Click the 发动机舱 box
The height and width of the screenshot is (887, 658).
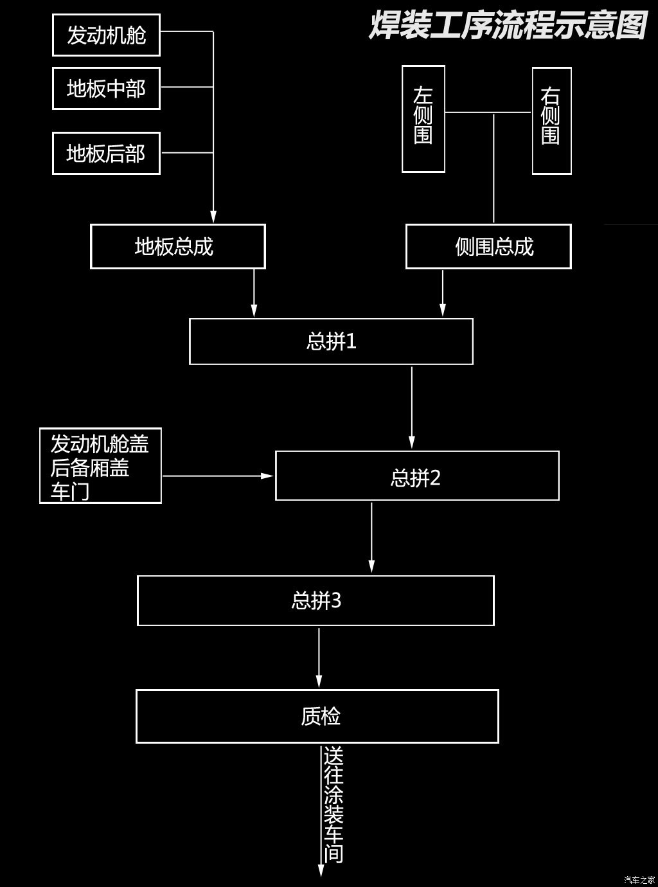pos(106,35)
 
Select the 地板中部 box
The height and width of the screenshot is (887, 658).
pos(106,88)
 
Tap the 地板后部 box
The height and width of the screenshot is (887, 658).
pos(106,154)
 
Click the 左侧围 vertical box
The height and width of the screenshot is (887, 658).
pos(423,119)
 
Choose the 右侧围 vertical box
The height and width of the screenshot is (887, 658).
pos(551,120)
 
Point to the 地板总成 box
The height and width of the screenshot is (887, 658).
pos(177,246)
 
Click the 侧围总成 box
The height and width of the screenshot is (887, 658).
pos(488,246)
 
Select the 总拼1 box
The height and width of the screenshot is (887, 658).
pos(331,341)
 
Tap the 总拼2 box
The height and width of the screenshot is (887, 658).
pos(416,476)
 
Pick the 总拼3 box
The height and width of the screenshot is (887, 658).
pos(316,600)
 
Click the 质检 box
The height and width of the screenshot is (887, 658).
pos(317,716)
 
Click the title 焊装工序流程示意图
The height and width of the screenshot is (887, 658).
pos(508,26)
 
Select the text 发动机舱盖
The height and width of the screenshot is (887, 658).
pos(100,444)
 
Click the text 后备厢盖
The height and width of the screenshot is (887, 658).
pos(90,468)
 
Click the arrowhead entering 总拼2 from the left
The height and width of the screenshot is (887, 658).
pos(268,476)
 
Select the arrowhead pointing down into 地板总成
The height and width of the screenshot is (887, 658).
pos(213,217)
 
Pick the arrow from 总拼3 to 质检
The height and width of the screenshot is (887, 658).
pos(319,657)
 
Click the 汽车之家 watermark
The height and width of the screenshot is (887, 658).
pos(639,880)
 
